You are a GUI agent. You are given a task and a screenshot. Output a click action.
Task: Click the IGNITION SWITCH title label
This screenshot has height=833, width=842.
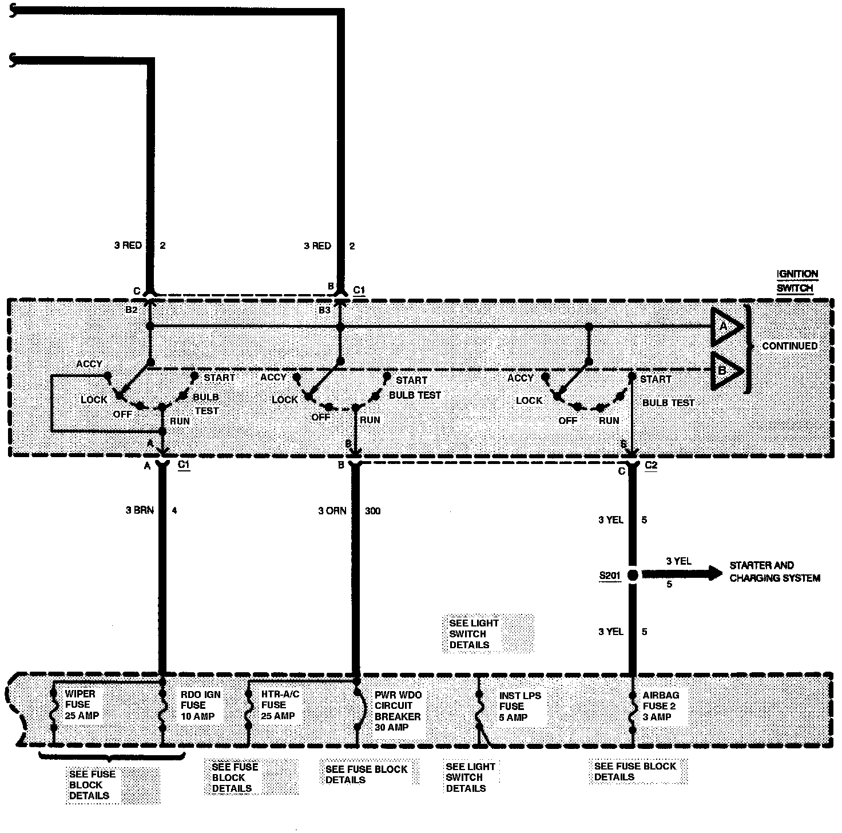[797, 281]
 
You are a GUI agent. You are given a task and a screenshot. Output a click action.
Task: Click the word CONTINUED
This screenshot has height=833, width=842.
[789, 346]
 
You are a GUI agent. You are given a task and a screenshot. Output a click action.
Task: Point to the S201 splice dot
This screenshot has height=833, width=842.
[633, 575]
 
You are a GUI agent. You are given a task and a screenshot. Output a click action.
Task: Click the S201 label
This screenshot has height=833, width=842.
[610, 576]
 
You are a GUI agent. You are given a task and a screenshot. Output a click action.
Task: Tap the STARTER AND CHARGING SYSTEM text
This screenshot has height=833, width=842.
[775, 572]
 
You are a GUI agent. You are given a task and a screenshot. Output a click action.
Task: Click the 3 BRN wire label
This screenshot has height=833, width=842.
[140, 510]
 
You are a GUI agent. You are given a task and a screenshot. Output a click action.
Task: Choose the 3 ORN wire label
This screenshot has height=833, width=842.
[332, 510]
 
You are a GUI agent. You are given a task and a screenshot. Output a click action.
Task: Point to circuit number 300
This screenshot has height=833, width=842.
[372, 510]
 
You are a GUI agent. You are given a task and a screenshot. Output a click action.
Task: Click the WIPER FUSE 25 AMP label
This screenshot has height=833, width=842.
[82, 705]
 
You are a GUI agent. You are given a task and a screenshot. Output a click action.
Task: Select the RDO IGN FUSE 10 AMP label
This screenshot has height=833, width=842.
[200, 705]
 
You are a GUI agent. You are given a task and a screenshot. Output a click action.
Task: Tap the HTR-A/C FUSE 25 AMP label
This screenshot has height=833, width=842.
[280, 705]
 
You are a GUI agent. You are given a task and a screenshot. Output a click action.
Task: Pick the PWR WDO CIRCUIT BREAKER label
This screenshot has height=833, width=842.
[398, 711]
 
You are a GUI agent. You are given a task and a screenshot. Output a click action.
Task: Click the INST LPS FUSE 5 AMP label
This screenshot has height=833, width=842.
[519, 707]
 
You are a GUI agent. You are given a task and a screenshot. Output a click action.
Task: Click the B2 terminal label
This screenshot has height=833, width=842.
[132, 310]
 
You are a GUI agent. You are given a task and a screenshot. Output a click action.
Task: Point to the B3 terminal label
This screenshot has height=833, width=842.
[324, 310]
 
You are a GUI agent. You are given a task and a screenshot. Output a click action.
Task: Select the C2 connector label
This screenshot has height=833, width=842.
[651, 465]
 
